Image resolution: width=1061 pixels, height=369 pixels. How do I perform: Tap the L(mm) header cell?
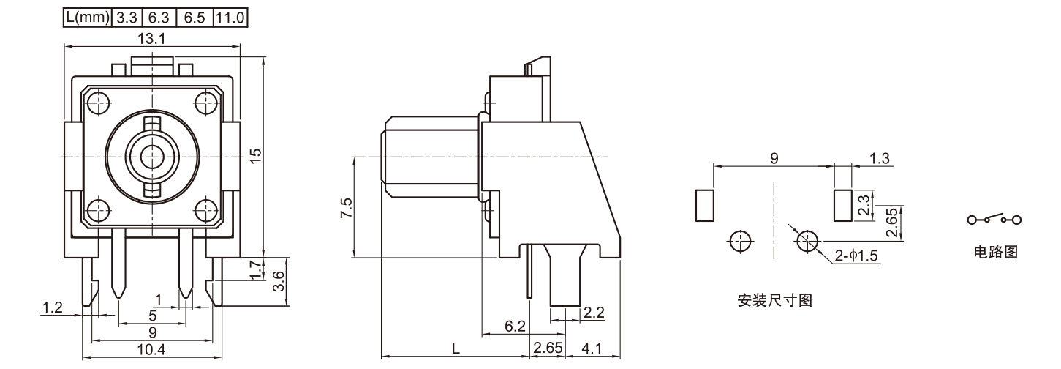pyautogui.click(x=87, y=16)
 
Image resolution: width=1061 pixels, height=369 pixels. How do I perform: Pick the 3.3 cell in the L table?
pyautogui.click(x=127, y=16)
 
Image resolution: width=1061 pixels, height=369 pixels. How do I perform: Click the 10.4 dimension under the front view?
pyautogui.click(x=151, y=350)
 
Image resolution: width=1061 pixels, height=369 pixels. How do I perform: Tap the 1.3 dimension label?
pyautogui.click(x=881, y=158)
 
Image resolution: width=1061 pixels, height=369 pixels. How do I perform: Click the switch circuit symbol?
pyautogui.click(x=994, y=219)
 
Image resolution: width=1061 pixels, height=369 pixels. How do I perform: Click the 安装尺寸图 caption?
pyautogui.click(x=774, y=300)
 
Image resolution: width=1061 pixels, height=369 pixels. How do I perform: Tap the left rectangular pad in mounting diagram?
pyautogui.click(x=705, y=205)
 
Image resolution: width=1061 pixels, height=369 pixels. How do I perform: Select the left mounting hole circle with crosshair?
pyautogui.click(x=740, y=240)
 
